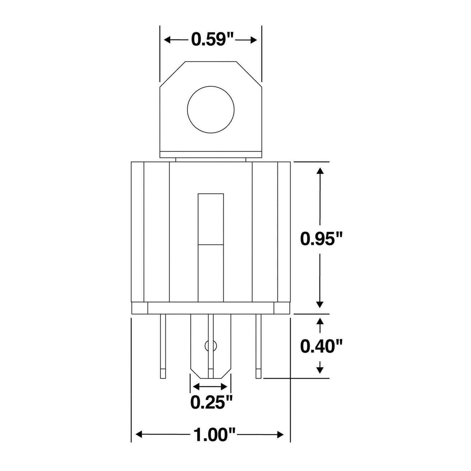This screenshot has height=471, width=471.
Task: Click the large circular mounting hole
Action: coord(211,109)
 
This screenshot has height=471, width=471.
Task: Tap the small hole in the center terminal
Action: coord(211,346)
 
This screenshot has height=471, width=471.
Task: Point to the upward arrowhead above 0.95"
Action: coord(320,172)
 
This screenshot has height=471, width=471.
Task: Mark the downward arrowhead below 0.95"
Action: coord(320,304)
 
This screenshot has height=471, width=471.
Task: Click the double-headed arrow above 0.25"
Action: coord(210,387)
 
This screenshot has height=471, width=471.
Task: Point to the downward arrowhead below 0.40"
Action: coord(320,370)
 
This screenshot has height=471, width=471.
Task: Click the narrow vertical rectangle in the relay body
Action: coord(211,248)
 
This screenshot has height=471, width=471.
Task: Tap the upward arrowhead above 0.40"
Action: coord(320,321)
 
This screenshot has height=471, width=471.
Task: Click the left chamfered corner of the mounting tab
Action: coord(172,74)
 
